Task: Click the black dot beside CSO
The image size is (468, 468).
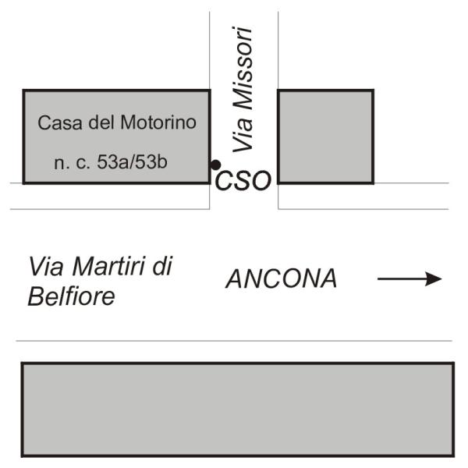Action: click(x=214, y=165)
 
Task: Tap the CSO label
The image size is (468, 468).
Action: click(x=243, y=181)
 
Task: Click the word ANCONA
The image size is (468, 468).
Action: click(x=282, y=279)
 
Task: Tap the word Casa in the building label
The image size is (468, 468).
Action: click(x=56, y=122)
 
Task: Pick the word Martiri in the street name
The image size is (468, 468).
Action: click(x=101, y=267)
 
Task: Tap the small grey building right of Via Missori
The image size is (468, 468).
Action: click(x=325, y=136)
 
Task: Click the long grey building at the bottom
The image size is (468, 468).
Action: click(x=237, y=409)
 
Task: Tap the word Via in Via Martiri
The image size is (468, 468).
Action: click(x=44, y=267)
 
